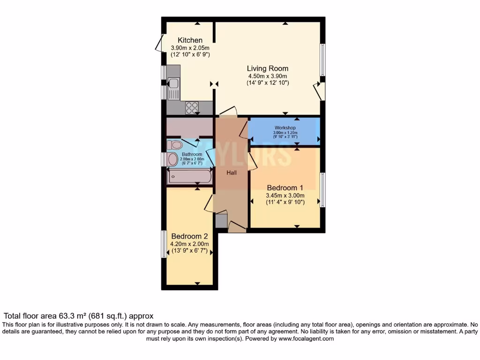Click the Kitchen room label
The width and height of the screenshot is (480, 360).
(190, 40)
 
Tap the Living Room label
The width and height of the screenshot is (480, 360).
(268, 68)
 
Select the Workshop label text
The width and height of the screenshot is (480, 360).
(285, 127)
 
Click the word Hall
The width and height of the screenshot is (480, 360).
(232, 173)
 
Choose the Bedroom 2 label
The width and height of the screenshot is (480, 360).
(189, 236)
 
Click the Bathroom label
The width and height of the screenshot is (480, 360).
(192, 154)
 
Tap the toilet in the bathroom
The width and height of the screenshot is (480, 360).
(174, 144)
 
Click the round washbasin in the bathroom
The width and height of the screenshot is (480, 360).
(173, 159)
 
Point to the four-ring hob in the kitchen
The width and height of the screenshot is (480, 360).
(191, 108)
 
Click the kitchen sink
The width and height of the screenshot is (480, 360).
(173, 84)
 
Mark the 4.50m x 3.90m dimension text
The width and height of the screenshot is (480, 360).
(268, 76)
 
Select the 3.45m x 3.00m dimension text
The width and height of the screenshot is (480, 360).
(285, 195)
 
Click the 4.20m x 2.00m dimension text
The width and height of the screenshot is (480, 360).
(189, 244)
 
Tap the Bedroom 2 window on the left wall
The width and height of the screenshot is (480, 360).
(164, 244)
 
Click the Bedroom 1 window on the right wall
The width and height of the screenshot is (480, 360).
(322, 190)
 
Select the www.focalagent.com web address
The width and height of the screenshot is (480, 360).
(306, 338)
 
